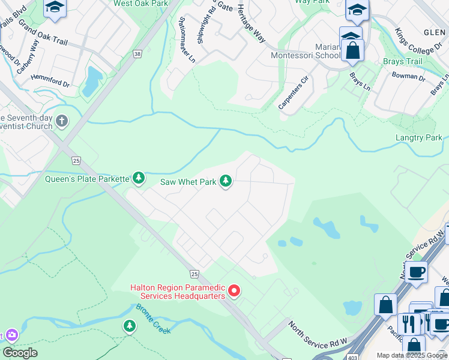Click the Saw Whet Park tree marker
click(226, 181)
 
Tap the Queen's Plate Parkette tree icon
click(139, 178)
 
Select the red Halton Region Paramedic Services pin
click(234, 292)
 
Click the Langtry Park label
click(419, 138)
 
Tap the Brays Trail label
click(402, 61)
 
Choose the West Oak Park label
click(140, 4)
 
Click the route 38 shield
click(138, 54)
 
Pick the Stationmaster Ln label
click(187, 39)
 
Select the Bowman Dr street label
click(408, 77)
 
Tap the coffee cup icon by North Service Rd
click(416, 273)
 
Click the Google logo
click(20, 353)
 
